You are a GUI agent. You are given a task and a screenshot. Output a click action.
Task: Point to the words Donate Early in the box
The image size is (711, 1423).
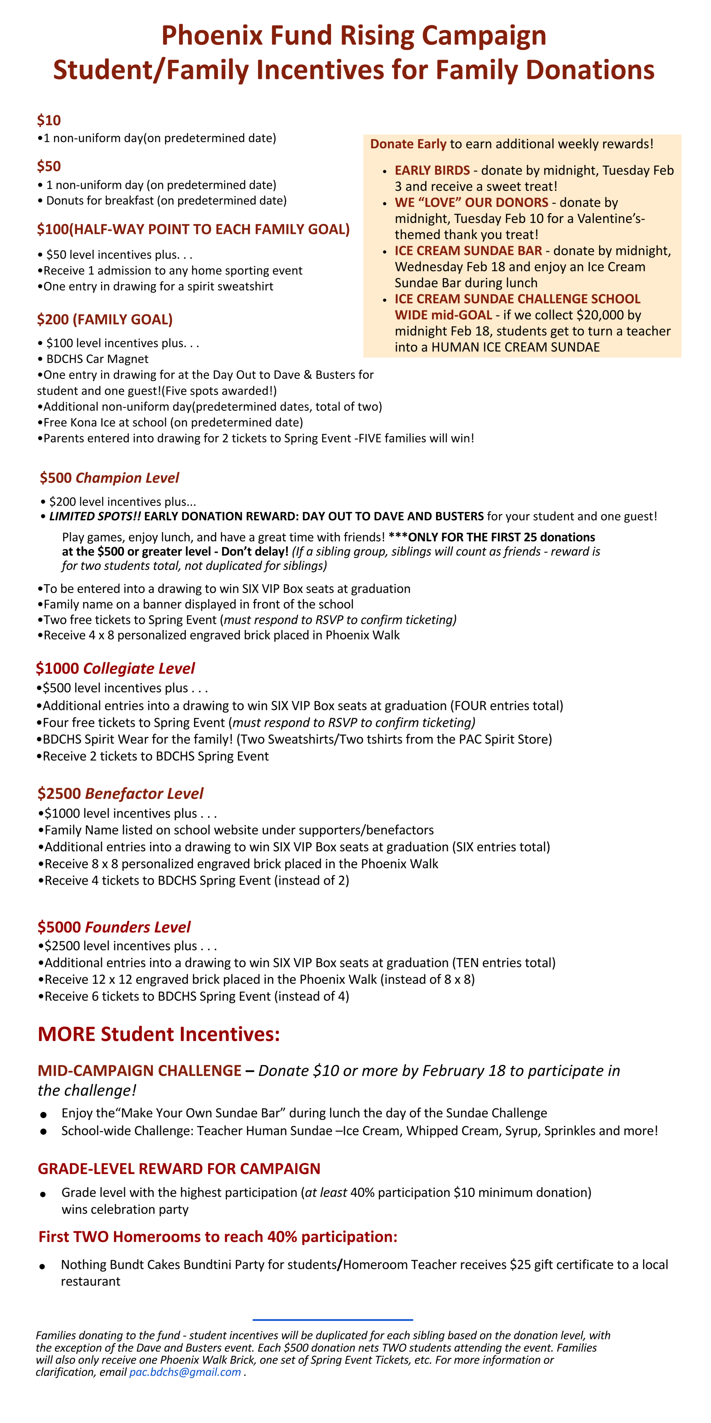[408, 144]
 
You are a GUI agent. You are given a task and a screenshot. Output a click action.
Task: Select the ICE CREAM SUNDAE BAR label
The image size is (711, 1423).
[468, 251]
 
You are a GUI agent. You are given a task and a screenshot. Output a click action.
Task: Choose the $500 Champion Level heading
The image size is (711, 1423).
[109, 478]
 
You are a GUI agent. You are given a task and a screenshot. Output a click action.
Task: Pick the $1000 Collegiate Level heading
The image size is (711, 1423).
[115, 668]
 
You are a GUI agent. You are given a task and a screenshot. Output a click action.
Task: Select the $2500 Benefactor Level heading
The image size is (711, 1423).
[120, 794]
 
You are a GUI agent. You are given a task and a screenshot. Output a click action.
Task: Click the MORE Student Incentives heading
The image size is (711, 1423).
[159, 1034]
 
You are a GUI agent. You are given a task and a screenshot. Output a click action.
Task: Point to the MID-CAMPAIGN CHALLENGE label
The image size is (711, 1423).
[139, 1071]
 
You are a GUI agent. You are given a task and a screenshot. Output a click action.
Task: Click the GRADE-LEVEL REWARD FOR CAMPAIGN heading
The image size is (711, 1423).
[179, 1169]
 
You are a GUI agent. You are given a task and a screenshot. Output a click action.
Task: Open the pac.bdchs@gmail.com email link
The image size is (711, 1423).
[185, 1372]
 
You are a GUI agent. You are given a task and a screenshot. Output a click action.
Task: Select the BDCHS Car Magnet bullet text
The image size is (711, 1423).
[97, 359]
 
